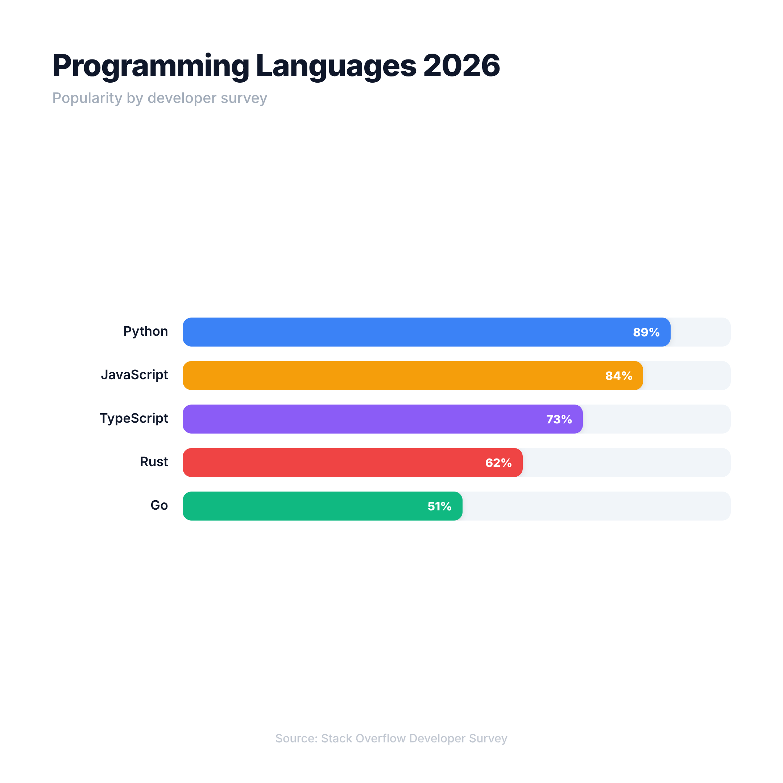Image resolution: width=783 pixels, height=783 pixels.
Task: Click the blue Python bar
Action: pyautogui.click(x=405, y=332)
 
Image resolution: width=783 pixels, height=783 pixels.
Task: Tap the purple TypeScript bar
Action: pyautogui.click(x=365, y=419)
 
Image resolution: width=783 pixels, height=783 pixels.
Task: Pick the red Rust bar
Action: pyautogui.click(x=332, y=463)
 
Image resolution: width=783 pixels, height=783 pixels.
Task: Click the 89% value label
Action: pyautogui.click(x=646, y=332)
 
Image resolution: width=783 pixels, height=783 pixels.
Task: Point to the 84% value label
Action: pyautogui.click(x=618, y=376)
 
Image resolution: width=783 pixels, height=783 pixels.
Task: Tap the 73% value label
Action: pyautogui.click(x=559, y=419)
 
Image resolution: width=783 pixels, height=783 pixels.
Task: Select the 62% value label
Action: pyautogui.click(x=498, y=463)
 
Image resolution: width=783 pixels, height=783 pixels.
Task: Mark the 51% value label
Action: pyautogui.click(x=439, y=506)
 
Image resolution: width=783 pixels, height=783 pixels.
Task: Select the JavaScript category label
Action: pyautogui.click(x=134, y=375)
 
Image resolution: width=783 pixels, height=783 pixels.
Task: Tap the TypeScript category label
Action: pyautogui.click(x=134, y=418)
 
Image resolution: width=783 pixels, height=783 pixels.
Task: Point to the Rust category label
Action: pyautogui.click(x=154, y=461)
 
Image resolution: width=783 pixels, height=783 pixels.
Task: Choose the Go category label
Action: pyautogui.click(x=159, y=505)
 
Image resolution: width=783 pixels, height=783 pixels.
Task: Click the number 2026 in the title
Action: pyautogui.click(x=461, y=65)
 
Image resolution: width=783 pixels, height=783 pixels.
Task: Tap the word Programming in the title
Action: pyautogui.click(x=151, y=66)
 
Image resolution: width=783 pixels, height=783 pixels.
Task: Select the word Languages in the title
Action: pyautogui.click(x=336, y=66)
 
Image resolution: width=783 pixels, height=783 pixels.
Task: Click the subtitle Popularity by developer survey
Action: pyautogui.click(x=159, y=98)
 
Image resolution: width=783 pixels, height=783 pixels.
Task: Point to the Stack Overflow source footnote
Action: pyautogui.click(x=391, y=738)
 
